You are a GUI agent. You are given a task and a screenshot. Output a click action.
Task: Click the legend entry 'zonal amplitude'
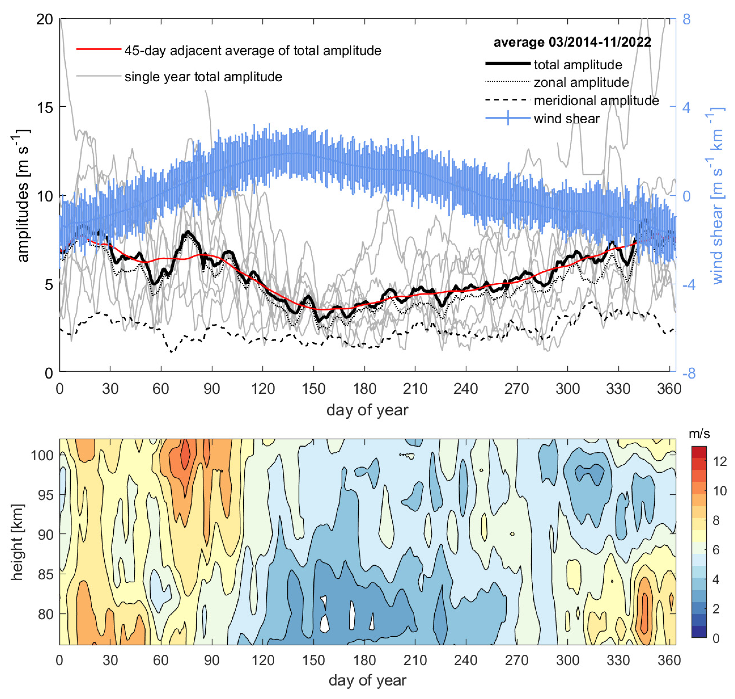pos(581,82)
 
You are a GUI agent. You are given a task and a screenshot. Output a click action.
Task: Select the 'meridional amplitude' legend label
pos(596,100)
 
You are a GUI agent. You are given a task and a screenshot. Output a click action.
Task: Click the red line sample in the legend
pos(99,49)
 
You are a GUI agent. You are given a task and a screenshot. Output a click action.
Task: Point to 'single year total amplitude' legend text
pos(203,77)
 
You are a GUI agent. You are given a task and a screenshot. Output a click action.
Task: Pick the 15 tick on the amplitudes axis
pos(45,107)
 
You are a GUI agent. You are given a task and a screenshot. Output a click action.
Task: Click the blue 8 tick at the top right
pos(686,19)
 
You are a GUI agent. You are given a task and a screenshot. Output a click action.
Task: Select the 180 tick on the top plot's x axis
pos(364,389)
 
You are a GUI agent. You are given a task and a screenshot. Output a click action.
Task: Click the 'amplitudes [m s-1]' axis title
pos(22,196)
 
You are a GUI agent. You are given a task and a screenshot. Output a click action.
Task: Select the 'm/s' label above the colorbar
pos(699,434)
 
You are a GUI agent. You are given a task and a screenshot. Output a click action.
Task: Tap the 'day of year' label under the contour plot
pos(367,680)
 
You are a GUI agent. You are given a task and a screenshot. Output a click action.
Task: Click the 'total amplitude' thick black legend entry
pos(577,65)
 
